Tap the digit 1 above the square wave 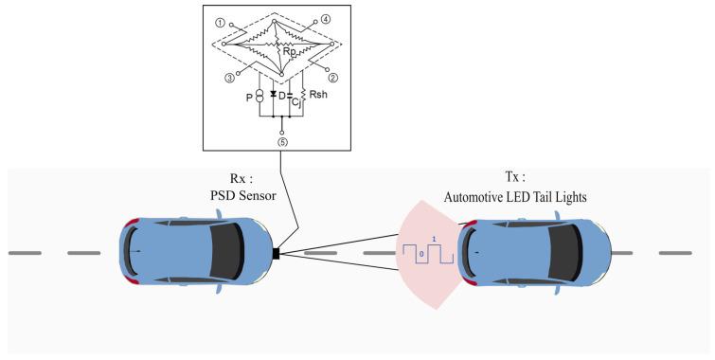point(435,238)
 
